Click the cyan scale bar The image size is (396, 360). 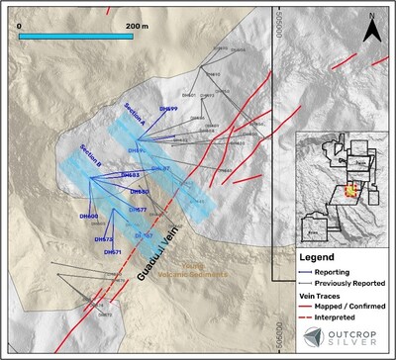[84, 36]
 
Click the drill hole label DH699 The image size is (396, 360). [167, 109]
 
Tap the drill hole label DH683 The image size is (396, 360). [130, 175]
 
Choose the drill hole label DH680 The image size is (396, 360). [139, 192]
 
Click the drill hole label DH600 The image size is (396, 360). [88, 217]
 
